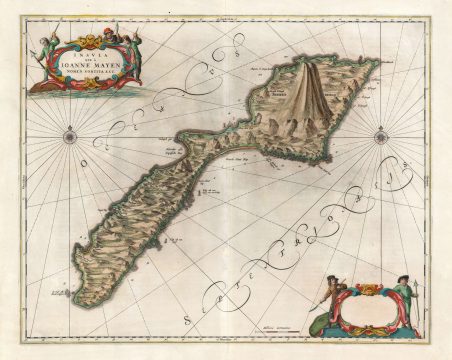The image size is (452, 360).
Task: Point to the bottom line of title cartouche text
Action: (x=84, y=77)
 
